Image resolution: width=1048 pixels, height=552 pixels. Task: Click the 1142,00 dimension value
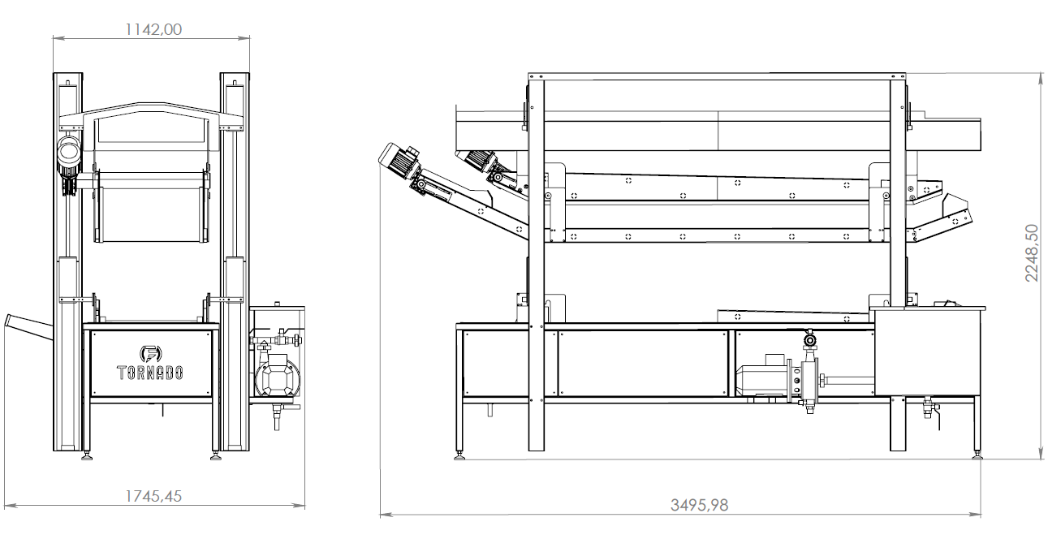coord(153,29)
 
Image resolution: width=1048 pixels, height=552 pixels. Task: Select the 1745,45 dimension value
coord(153,496)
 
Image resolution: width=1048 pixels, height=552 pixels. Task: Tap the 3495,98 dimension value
coord(700,505)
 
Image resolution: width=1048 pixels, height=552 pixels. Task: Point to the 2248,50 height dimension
coord(1031,253)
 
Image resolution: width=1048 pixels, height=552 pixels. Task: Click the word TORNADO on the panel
coord(149,373)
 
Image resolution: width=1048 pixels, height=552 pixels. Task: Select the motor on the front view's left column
coord(69,155)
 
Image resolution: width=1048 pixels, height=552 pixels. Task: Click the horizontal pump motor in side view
coord(761,380)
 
